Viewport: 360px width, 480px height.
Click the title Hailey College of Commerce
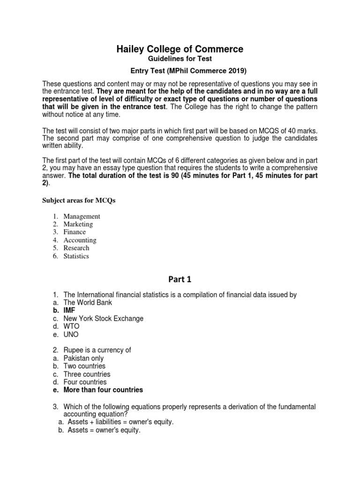tap(180, 49)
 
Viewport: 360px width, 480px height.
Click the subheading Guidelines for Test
tap(180, 59)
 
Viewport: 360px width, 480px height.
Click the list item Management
tap(82, 216)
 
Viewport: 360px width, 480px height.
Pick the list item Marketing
tap(78, 224)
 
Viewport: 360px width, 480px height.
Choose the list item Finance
tap(75, 232)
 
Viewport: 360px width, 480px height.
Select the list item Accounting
tap(80, 240)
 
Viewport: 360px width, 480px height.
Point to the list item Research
tap(76, 248)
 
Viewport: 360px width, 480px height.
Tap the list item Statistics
tap(76, 256)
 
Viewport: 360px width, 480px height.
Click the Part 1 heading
tap(180, 279)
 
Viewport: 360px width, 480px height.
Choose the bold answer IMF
tap(69, 310)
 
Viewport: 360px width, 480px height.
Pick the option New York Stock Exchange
tap(104, 318)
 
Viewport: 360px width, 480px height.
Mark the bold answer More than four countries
tap(103, 390)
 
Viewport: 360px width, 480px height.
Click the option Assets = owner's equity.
tap(104, 430)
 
